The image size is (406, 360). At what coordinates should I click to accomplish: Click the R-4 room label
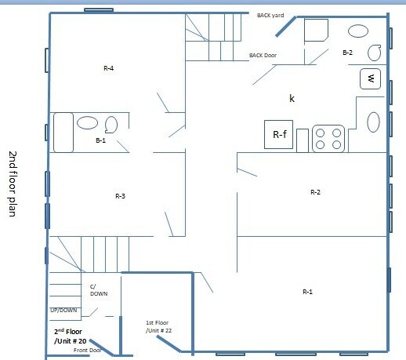(x=108, y=69)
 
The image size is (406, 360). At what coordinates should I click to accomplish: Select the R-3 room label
(x=120, y=196)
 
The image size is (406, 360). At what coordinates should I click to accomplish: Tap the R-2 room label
(x=315, y=191)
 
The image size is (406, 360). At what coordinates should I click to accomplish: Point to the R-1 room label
(x=307, y=292)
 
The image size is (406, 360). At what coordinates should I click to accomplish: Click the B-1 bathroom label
(x=100, y=141)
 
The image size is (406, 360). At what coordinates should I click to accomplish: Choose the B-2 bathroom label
(x=348, y=52)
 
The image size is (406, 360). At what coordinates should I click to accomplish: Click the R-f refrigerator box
(x=280, y=136)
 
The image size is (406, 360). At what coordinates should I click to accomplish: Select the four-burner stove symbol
(x=329, y=139)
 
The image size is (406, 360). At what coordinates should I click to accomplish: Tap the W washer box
(x=371, y=78)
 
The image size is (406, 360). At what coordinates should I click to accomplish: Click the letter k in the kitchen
(x=292, y=98)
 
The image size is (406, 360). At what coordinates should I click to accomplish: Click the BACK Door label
(x=263, y=56)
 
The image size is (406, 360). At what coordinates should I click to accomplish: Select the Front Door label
(x=88, y=350)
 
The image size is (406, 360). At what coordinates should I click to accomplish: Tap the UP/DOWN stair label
(x=63, y=310)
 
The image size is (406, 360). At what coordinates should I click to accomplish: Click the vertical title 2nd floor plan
(x=13, y=184)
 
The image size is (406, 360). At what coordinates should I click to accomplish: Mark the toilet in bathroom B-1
(x=111, y=124)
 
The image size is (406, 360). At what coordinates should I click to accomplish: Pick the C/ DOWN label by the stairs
(x=98, y=289)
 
